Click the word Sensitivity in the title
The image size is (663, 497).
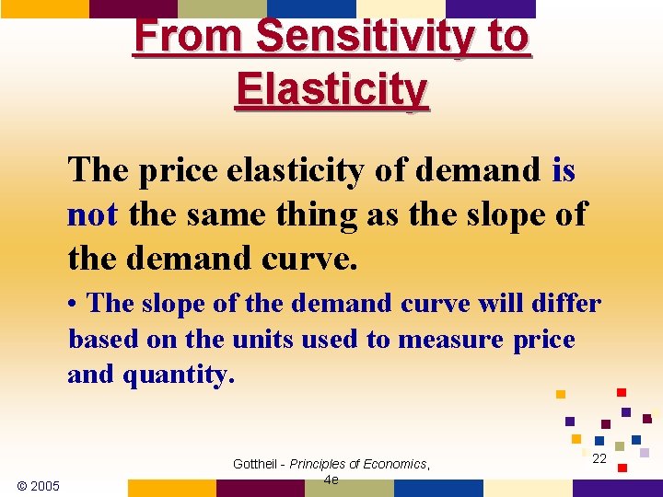(378, 37)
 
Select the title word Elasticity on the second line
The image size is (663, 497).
(331, 89)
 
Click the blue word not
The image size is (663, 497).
(92, 214)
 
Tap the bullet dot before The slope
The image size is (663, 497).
(74, 304)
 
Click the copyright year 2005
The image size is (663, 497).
(38, 485)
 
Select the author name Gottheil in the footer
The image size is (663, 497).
(256, 464)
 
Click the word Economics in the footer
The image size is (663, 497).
(394, 464)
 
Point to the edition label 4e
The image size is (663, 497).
(331, 480)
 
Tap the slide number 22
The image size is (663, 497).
(599, 458)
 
